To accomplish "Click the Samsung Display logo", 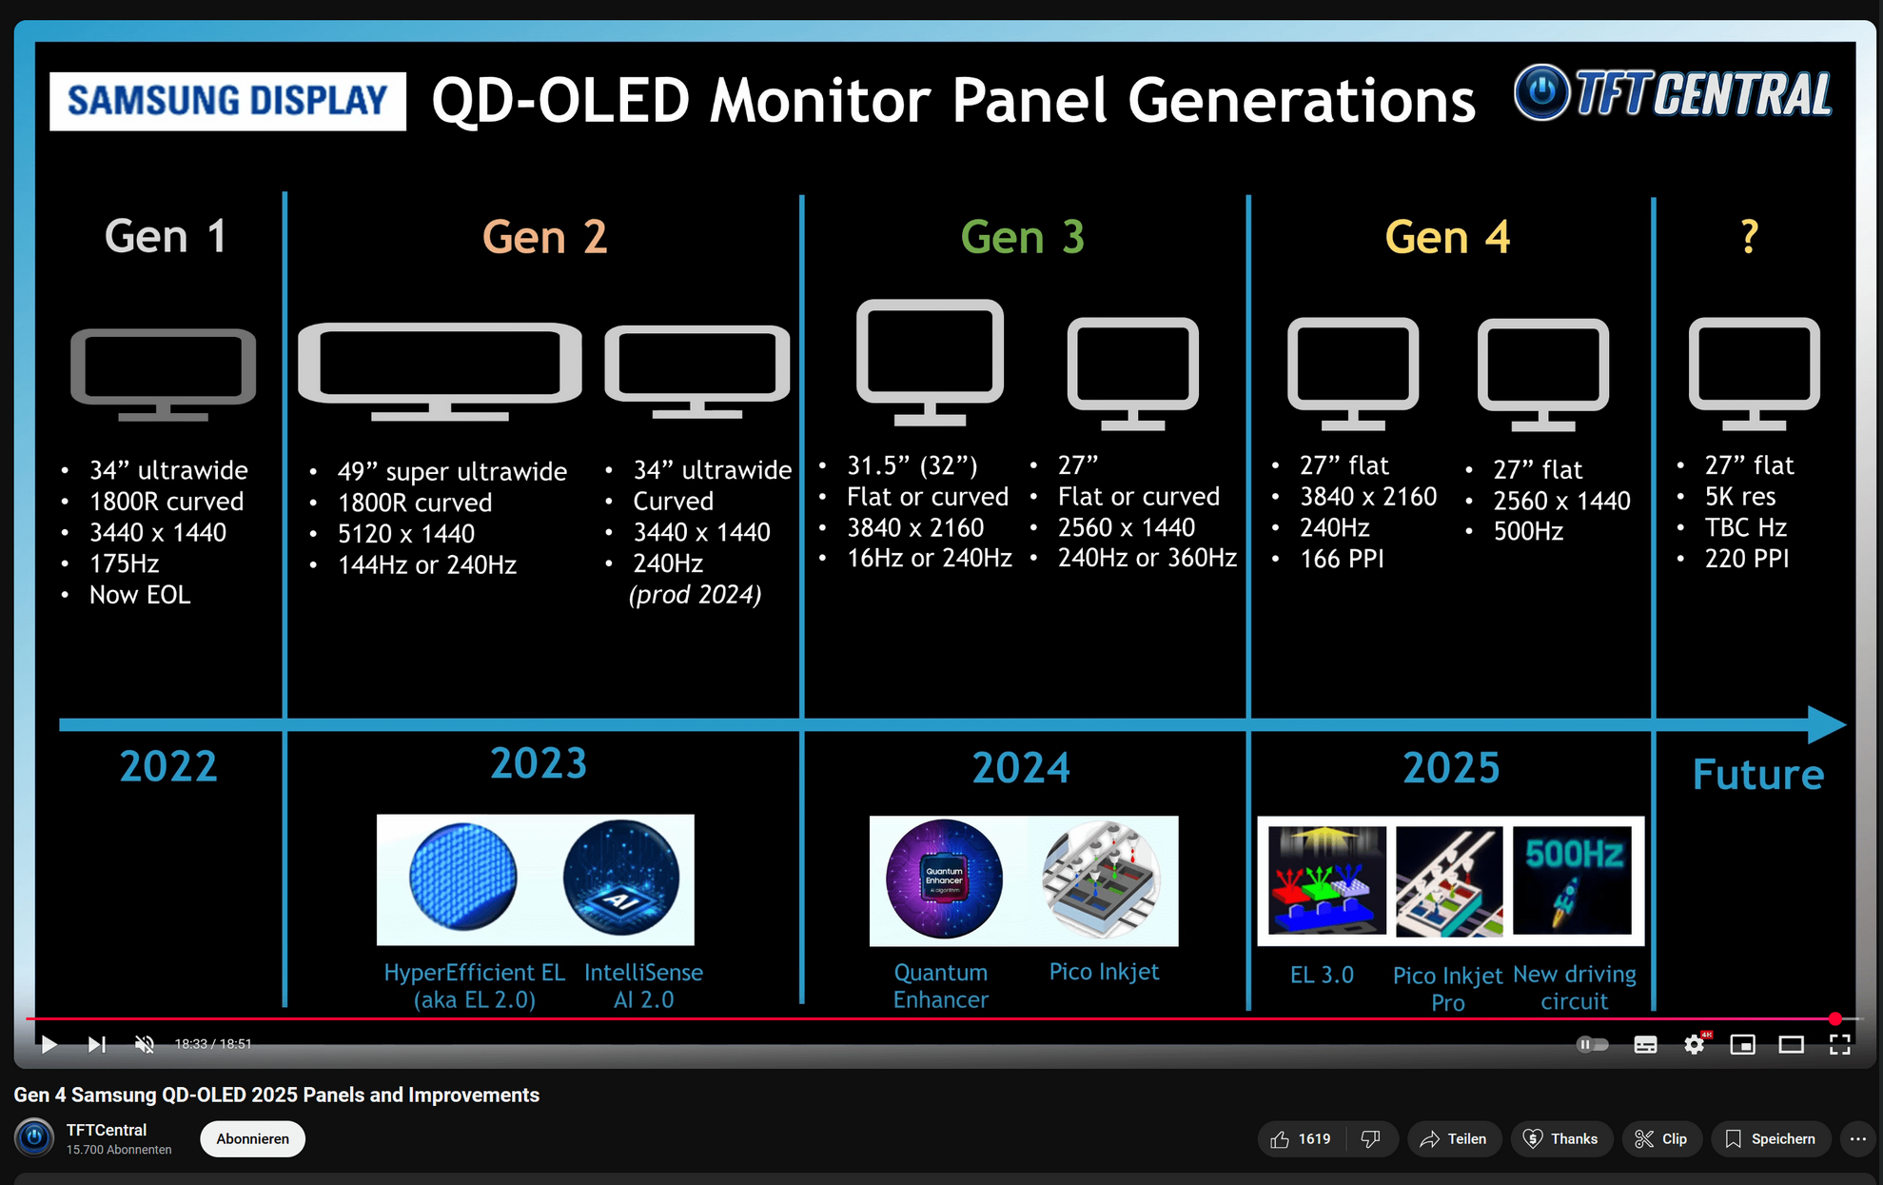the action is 227,101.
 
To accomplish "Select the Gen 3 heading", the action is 1022,237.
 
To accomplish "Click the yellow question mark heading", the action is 1749,236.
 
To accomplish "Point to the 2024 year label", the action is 1021,768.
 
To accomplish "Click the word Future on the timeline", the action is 1758,775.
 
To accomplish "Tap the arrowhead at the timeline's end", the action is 1827,725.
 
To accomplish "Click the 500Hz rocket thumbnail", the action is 1573,880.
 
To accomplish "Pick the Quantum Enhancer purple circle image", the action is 944,879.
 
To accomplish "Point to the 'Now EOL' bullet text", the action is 140,595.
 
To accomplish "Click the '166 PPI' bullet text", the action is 1342,559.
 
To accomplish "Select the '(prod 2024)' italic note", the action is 696,595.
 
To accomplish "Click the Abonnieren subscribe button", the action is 252,1139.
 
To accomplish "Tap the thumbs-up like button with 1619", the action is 1301,1139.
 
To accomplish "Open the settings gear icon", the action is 1695,1044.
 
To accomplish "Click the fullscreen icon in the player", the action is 1840,1044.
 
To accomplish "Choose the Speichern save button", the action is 1771,1139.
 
